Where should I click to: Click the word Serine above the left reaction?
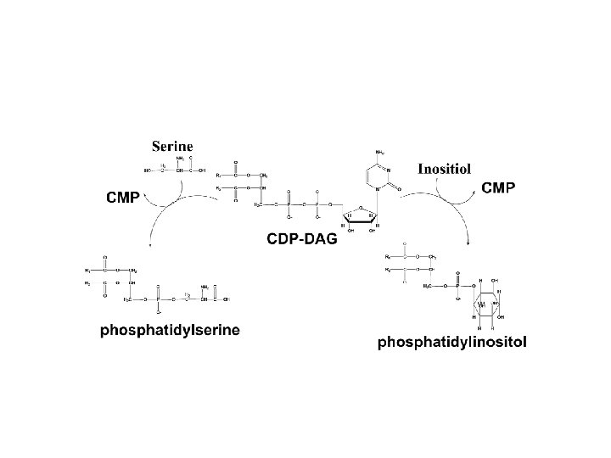tap(173, 146)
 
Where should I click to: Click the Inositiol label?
tap(445, 168)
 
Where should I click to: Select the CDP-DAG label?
tap(303, 239)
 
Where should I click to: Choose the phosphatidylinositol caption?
tap(451, 343)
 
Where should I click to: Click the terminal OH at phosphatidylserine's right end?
tap(235, 299)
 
